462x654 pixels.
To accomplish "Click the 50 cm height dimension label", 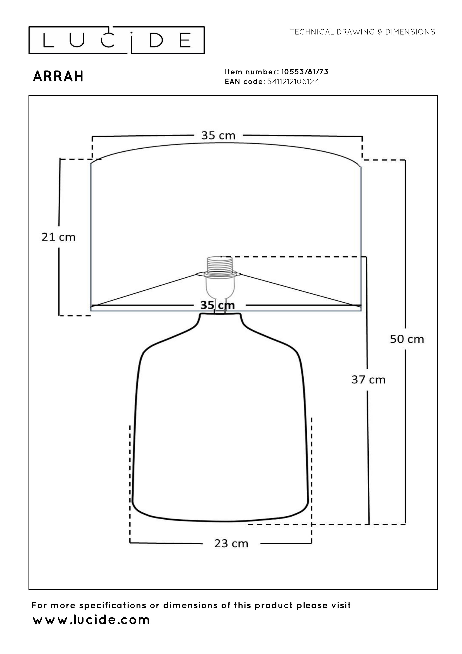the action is coord(407,339).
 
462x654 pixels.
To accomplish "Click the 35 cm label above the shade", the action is coord(218,135).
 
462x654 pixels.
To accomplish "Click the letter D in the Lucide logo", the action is coord(156,40).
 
